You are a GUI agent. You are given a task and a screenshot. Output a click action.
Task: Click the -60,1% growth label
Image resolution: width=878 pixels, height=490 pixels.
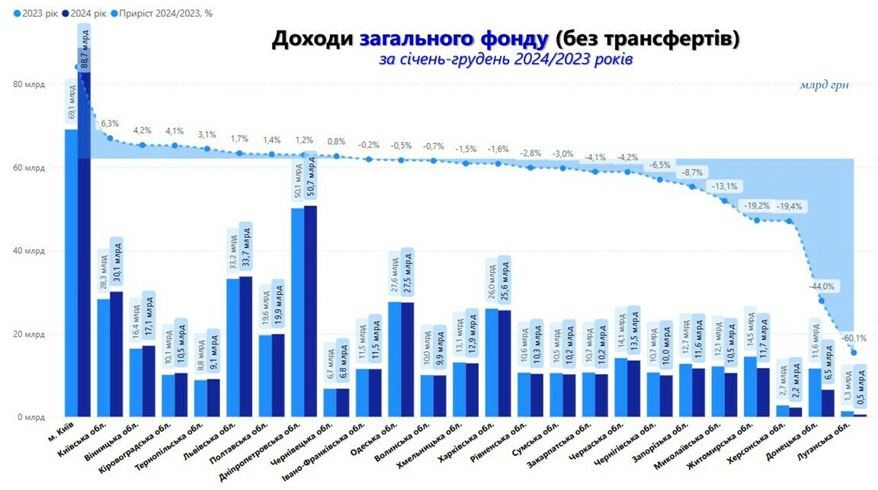coord(853,338)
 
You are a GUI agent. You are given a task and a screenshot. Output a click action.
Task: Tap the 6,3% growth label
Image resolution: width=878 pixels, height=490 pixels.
coord(110,123)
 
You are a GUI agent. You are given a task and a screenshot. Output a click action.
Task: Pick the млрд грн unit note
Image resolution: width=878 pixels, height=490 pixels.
coord(824,85)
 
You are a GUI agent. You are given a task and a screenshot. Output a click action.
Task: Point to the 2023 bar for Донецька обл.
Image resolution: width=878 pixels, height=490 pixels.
coord(815,392)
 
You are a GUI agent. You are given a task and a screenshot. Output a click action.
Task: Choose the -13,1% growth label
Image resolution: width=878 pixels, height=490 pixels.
coord(724,186)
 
